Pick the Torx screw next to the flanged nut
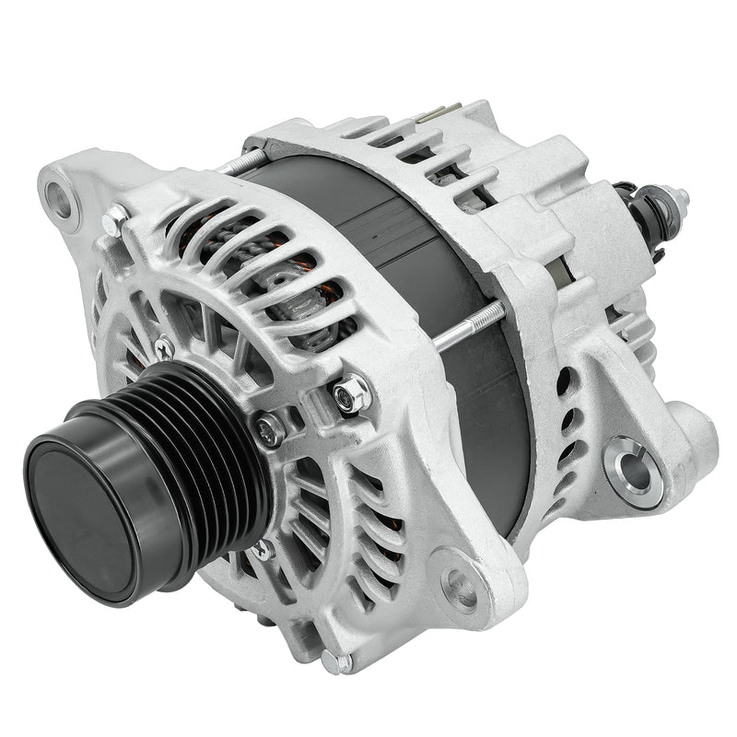270,428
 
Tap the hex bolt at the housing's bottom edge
345,662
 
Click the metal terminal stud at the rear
679,196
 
